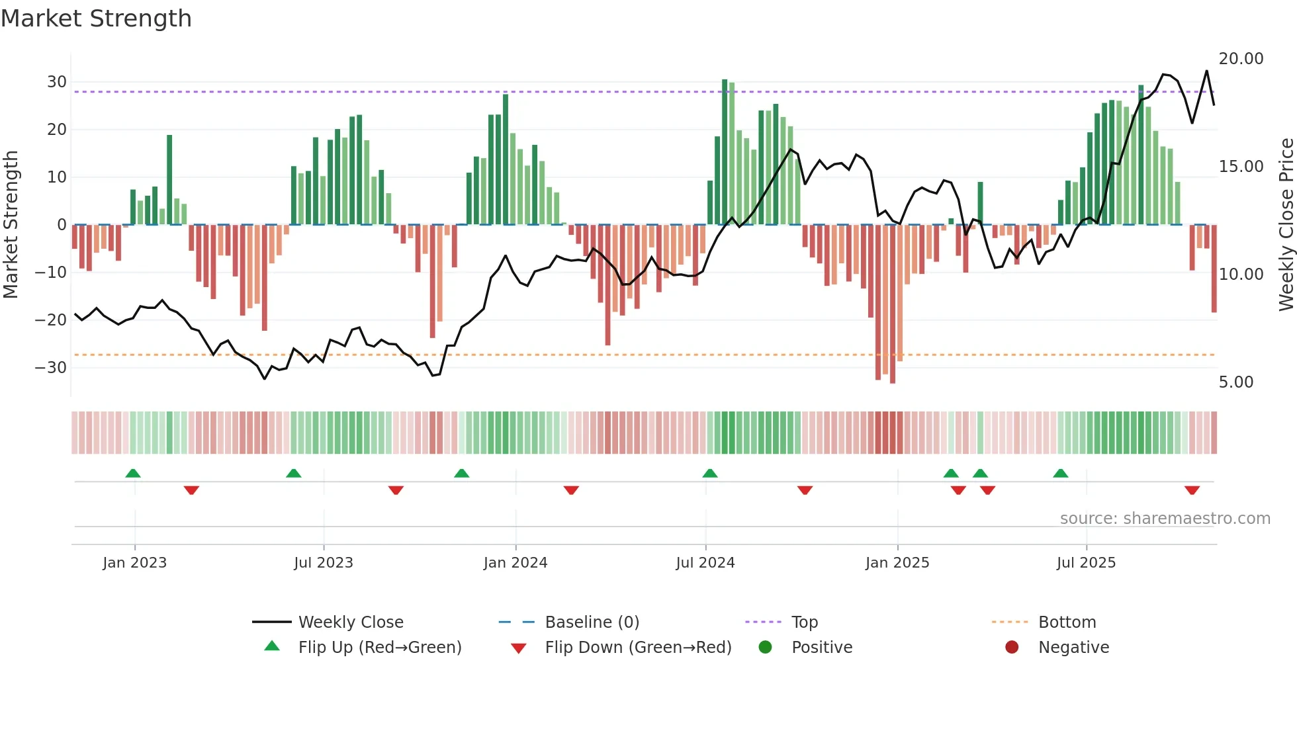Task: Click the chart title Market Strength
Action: tap(96, 19)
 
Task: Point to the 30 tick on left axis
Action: tap(57, 82)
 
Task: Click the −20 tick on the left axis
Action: tap(51, 320)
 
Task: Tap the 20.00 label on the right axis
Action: tap(1241, 59)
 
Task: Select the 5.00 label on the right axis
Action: tap(1235, 382)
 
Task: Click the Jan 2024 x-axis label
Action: tap(515, 563)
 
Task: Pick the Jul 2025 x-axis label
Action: tap(1085, 563)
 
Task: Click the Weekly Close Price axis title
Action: tap(1286, 225)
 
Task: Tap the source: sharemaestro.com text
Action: tap(1165, 519)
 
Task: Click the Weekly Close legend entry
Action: tap(350, 622)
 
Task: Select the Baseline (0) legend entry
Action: tap(592, 622)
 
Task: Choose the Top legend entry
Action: tap(804, 622)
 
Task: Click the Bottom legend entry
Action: tap(1067, 622)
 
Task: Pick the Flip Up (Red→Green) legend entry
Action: tap(379, 648)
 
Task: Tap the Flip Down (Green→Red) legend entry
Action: tap(638, 648)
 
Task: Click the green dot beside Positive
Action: tap(766, 648)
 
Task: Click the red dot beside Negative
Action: tap(1012, 648)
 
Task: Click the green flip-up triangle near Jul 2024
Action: tap(709, 474)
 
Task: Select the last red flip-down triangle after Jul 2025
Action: tap(1192, 490)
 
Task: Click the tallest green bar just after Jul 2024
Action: tap(725, 152)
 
